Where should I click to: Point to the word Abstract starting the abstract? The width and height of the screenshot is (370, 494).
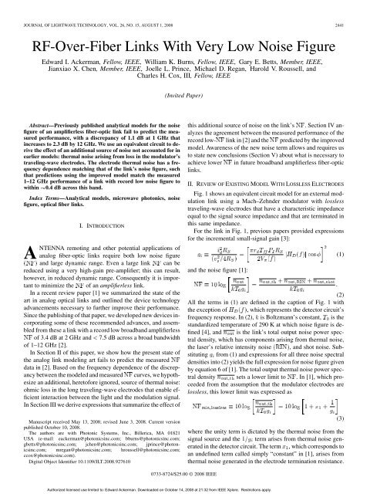pyautogui.click(x=42, y=134)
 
